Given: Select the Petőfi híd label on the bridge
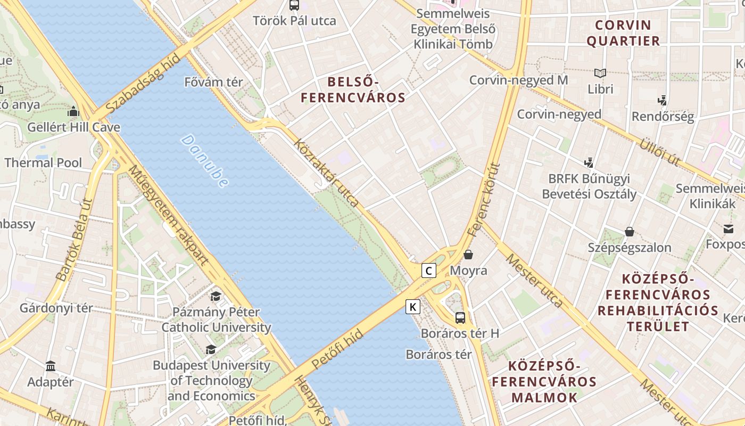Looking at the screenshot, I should click(337, 349).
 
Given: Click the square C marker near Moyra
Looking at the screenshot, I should click(429, 271).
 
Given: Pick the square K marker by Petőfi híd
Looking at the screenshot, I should click(413, 307).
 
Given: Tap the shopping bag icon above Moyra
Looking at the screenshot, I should click(468, 255).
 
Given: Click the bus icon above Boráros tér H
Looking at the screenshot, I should click(460, 318).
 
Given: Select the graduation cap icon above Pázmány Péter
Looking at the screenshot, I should click(216, 297).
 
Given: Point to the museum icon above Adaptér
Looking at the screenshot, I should click(51, 366).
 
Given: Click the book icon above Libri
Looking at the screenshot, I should click(600, 73).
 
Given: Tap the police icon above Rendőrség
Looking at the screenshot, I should click(662, 100).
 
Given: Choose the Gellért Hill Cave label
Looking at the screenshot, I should click(73, 127).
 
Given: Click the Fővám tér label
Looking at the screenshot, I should click(213, 82).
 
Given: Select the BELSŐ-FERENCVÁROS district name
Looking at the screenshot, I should click(353, 89).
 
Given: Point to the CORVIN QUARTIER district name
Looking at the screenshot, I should click(623, 33).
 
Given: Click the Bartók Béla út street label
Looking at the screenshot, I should click(74, 240).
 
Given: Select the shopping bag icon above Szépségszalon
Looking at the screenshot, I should click(630, 232).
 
